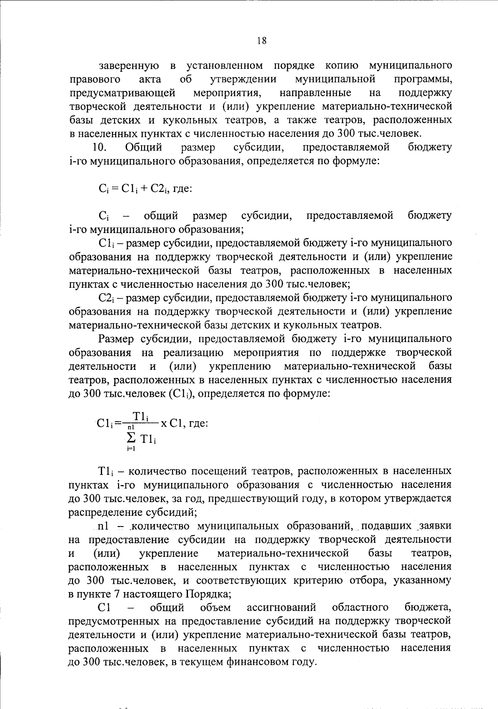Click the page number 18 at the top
[x=261, y=41]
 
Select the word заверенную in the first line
[x=129, y=66]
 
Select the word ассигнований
[x=281, y=608]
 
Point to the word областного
[x=360, y=608]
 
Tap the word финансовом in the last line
[x=261, y=662]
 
